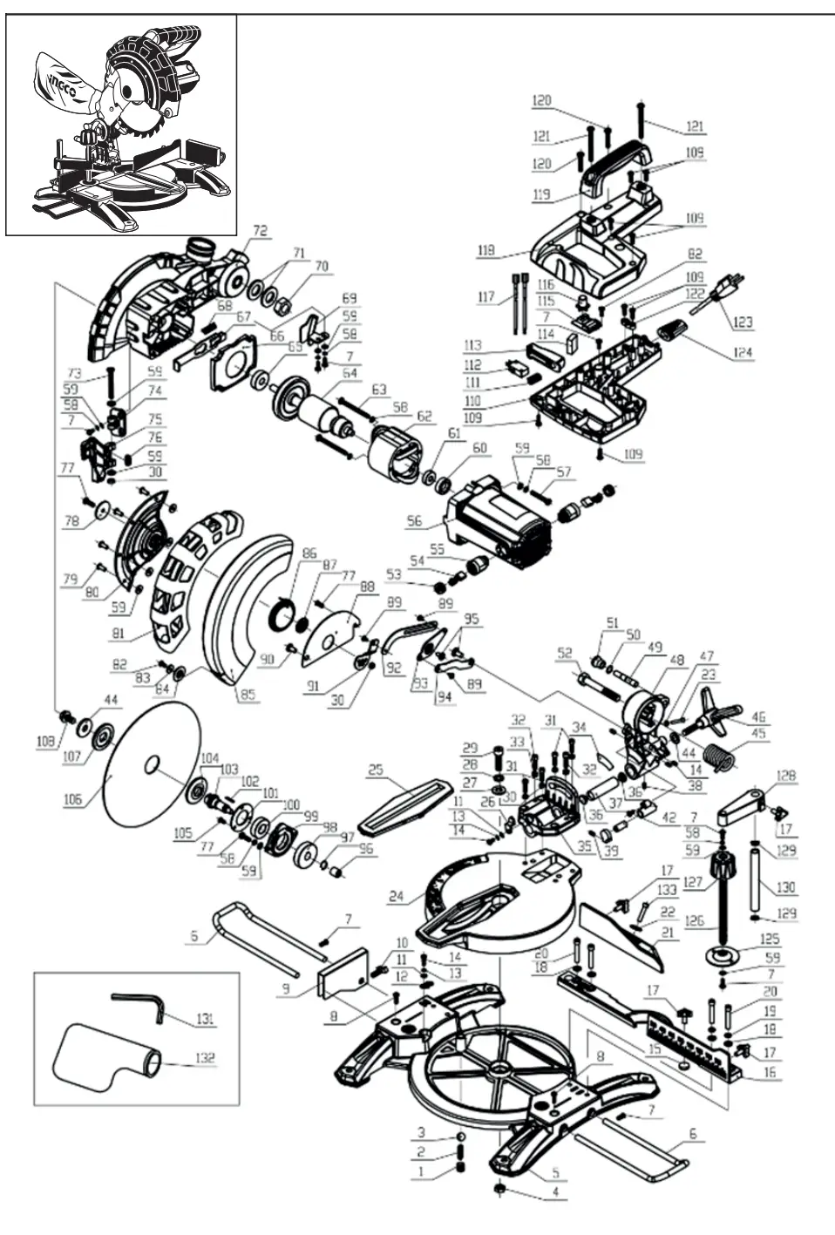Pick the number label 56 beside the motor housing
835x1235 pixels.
pyautogui.click(x=413, y=521)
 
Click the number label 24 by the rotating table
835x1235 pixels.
pyautogui.click(x=397, y=896)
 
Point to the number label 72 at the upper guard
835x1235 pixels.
pyautogui.click(x=260, y=231)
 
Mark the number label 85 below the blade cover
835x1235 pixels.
pyautogui.click(x=248, y=695)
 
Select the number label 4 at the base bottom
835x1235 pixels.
pyautogui.click(x=553, y=1191)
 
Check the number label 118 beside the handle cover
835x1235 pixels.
pyautogui.click(x=485, y=250)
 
